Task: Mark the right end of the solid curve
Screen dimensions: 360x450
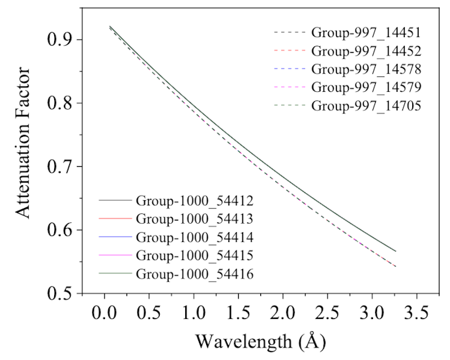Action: coord(395,251)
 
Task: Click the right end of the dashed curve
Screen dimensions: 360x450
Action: coord(395,266)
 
